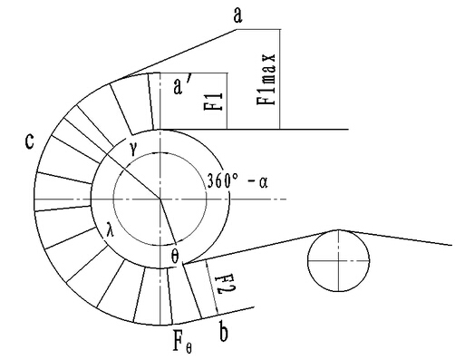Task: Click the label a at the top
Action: click(237, 15)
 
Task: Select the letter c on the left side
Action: click(29, 141)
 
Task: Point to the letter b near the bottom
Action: click(223, 332)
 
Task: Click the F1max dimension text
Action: click(266, 80)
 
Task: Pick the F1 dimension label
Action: click(214, 102)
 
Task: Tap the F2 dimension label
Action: click(226, 285)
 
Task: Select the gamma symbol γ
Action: click(134, 149)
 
